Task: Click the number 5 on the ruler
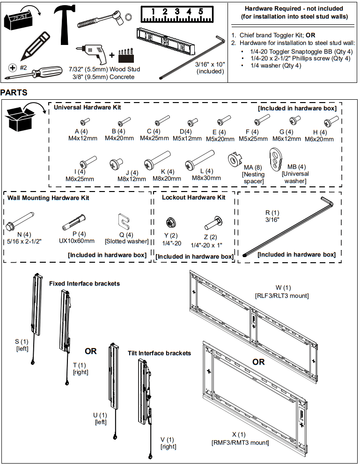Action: pos(200,12)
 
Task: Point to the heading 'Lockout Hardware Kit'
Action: pos(193,198)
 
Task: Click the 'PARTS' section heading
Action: pos(14,93)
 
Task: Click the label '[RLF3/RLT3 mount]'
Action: pos(282,295)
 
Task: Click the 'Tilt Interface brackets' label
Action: pos(159,353)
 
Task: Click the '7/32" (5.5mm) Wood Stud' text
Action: pos(107,69)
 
